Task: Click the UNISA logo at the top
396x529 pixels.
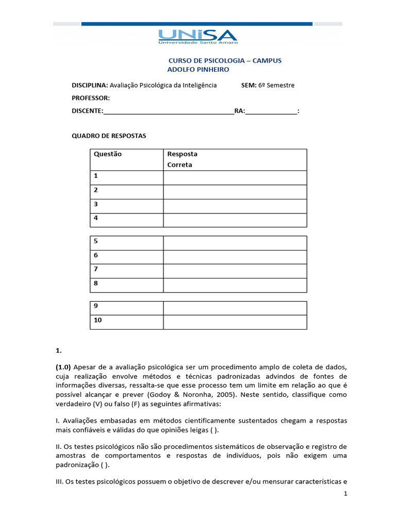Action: [198, 36]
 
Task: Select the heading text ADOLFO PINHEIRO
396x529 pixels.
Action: [198, 69]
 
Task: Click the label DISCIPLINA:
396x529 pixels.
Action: [89, 85]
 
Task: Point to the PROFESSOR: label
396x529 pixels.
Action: [90, 98]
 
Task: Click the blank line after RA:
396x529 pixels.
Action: [271, 112]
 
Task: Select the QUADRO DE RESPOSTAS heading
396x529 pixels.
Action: [108, 136]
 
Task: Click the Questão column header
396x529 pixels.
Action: [108, 154]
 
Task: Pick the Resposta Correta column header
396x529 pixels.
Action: [182, 159]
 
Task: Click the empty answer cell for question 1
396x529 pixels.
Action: [235, 178]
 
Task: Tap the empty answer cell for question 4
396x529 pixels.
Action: [235, 220]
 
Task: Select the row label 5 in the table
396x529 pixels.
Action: [96, 241]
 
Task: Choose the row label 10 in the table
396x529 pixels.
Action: [98, 320]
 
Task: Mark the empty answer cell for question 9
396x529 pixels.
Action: [235, 308]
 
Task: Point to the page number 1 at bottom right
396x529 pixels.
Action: [346, 494]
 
